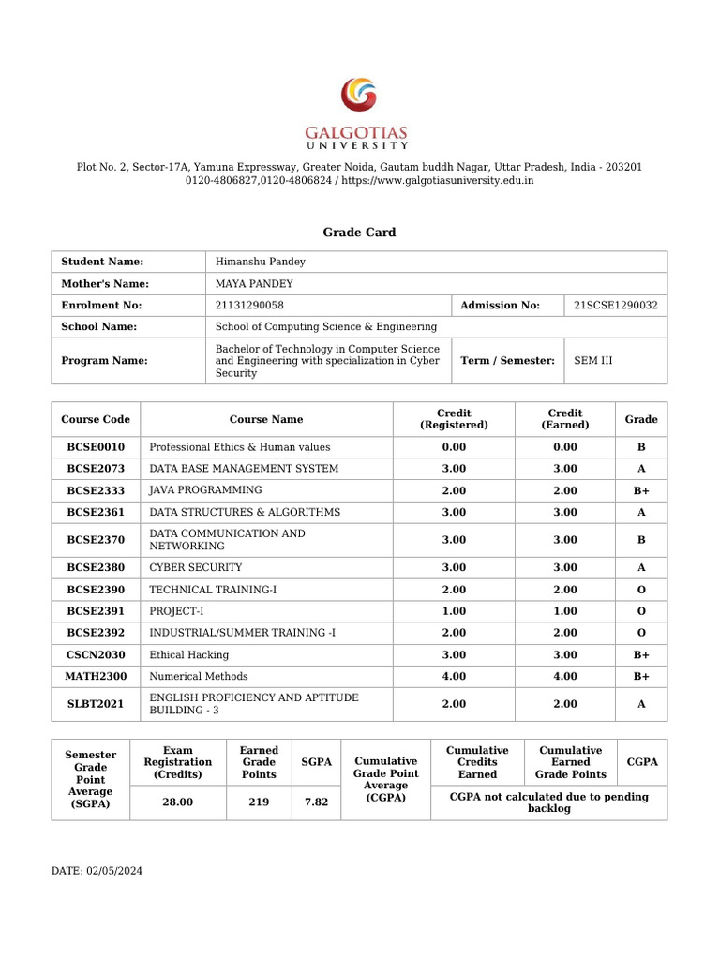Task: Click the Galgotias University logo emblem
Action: [x=359, y=97]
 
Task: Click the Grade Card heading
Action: [x=359, y=232]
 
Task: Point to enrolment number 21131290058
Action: [x=249, y=305]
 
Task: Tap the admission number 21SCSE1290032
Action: [x=616, y=305]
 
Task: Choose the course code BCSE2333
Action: [x=96, y=490]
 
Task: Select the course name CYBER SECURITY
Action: [x=196, y=567]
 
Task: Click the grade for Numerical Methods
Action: [x=641, y=676]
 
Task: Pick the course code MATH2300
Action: [x=96, y=676]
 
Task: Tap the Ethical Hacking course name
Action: [x=189, y=654]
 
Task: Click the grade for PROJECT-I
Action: [x=641, y=610]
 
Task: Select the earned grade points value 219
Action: [x=259, y=803]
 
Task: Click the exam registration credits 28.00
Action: [x=177, y=803]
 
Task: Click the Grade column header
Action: [x=641, y=419]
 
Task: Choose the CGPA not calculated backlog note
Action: [x=548, y=802]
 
